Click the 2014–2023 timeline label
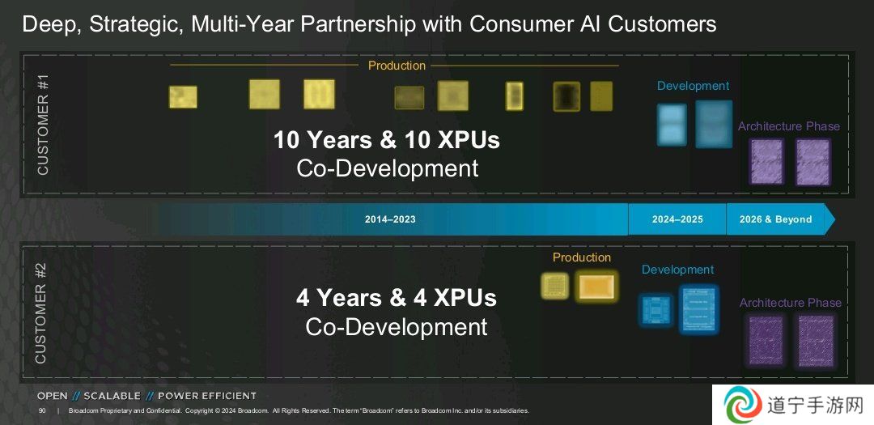click(390, 219)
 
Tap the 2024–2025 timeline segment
click(677, 219)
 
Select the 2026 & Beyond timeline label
click(775, 219)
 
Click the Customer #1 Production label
click(397, 66)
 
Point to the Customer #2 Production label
click(582, 257)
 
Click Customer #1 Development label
click(693, 86)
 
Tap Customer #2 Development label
click(678, 270)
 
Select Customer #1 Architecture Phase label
click(789, 126)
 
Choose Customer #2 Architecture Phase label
click(791, 303)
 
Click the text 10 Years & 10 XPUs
click(386, 140)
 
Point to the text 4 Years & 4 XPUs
click(396, 298)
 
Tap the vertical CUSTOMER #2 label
click(41, 313)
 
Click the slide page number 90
click(42, 411)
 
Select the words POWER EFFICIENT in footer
click(207, 396)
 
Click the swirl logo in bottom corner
click(743, 405)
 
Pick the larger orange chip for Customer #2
click(596, 287)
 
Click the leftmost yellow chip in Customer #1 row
click(183, 97)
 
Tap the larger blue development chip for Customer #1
click(714, 124)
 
